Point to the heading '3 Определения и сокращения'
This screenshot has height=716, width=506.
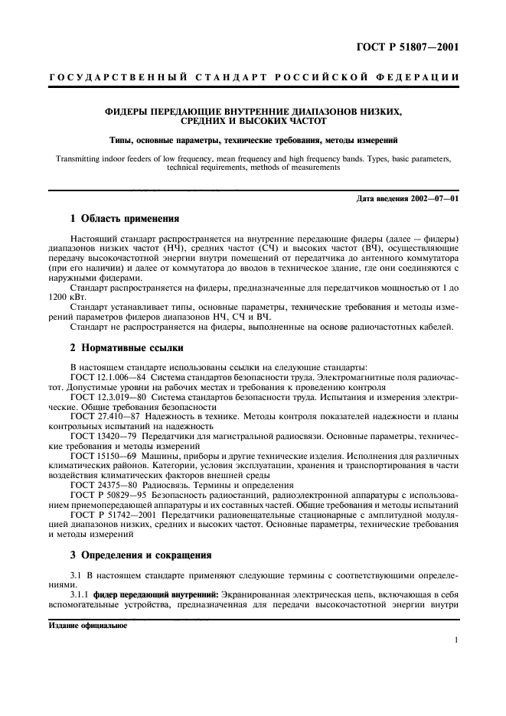(x=140, y=554)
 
